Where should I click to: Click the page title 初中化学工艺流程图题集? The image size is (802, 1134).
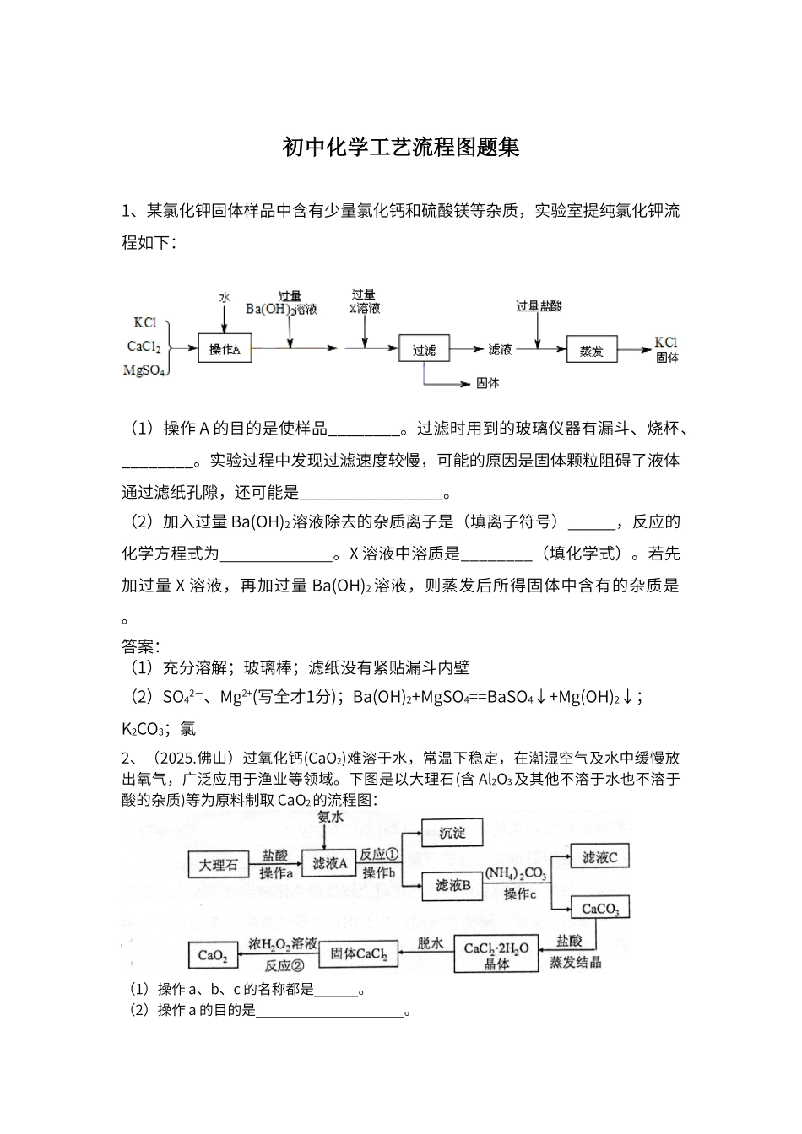click(401, 148)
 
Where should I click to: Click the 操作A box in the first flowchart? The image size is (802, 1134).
click(225, 348)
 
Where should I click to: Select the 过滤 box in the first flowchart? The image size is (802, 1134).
click(424, 348)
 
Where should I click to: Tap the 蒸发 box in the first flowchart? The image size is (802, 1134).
click(592, 349)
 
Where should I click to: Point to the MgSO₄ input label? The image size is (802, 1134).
click(144, 369)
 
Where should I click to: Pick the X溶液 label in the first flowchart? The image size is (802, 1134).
click(364, 309)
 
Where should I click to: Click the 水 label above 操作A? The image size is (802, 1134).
click(225, 297)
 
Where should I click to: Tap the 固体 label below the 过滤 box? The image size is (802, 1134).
click(487, 383)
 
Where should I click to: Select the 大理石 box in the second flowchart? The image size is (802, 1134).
click(218, 865)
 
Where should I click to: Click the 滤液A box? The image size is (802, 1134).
click(329, 863)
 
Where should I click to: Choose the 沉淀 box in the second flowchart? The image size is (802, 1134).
click(452, 833)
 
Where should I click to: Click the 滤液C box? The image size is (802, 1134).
click(600, 857)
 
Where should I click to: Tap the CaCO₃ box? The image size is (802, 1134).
click(600, 909)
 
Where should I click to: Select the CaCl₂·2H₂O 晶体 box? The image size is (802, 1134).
click(496, 954)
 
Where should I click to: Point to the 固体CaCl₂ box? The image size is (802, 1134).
click(358, 953)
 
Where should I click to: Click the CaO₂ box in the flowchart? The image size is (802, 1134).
click(212, 955)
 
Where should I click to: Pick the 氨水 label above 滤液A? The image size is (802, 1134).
click(330, 817)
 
